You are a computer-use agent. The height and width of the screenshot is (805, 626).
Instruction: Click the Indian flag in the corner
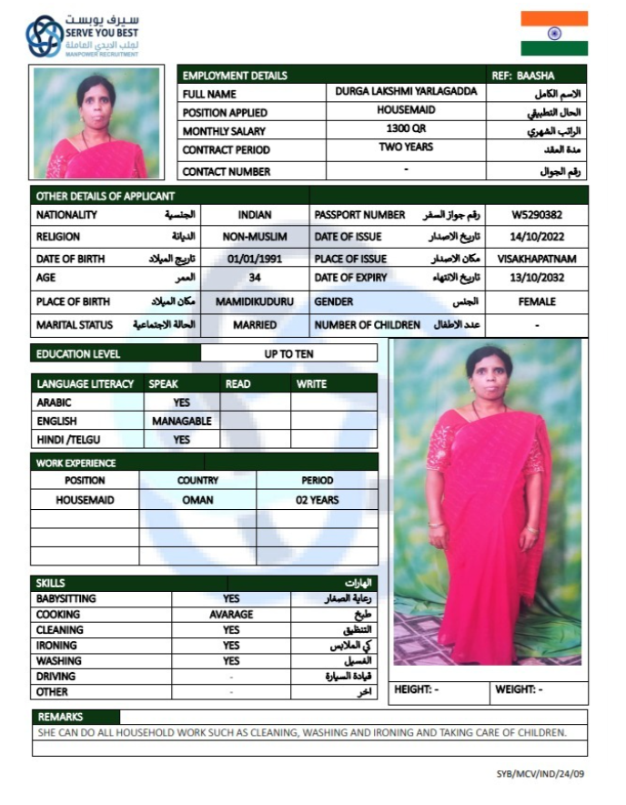(x=554, y=34)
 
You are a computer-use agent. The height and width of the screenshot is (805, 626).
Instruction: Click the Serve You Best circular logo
(x=44, y=36)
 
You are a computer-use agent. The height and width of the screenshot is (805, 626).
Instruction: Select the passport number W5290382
(x=536, y=216)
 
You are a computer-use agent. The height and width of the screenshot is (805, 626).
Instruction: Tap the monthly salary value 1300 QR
(x=406, y=128)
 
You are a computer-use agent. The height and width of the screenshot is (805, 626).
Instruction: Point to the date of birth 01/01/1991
(x=255, y=259)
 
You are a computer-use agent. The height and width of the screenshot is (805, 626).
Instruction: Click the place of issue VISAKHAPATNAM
(x=537, y=259)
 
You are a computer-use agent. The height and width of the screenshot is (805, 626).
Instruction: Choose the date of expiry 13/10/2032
(x=536, y=278)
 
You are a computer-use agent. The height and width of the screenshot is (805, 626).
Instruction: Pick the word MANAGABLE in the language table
(x=182, y=422)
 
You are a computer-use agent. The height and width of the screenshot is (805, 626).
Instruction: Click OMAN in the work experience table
(x=197, y=500)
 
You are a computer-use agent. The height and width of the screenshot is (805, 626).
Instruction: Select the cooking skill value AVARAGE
(x=231, y=615)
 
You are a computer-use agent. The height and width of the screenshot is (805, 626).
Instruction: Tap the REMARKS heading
(x=61, y=718)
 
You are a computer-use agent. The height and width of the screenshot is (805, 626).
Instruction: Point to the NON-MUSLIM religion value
(x=255, y=237)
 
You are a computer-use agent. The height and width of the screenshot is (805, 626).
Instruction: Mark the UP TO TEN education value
(x=288, y=353)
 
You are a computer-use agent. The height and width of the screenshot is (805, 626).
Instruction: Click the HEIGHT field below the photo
(x=417, y=690)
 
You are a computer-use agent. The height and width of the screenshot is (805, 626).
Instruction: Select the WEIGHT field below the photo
(x=519, y=690)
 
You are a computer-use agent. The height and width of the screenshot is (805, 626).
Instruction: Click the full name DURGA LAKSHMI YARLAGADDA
(x=406, y=91)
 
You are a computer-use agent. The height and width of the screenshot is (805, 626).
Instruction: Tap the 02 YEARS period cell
(x=317, y=500)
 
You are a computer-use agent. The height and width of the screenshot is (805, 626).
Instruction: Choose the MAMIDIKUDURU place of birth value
(x=255, y=301)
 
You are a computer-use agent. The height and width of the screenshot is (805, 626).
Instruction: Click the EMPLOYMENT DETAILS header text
(x=235, y=76)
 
